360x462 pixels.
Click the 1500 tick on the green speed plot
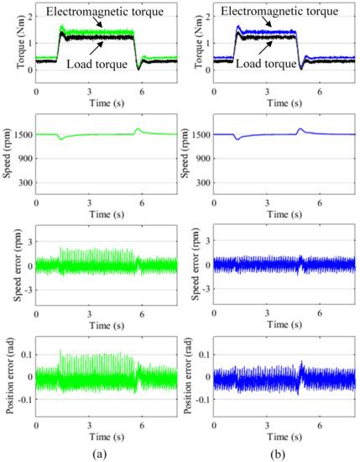pyautogui.click(x=22, y=134)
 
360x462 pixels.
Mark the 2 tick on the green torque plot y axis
pyautogui.click(x=29, y=16)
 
